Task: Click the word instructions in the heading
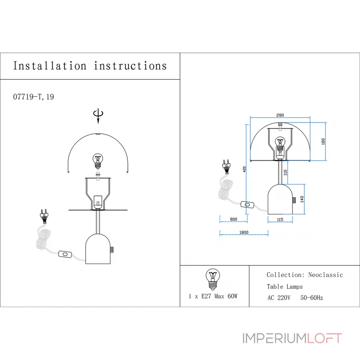tap(130, 66)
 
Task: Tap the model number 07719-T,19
tap(34, 97)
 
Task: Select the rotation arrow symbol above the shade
tap(97, 115)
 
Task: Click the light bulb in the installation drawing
tap(98, 159)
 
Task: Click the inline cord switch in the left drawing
tap(65, 255)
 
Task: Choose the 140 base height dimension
tap(302, 199)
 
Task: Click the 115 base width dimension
tap(279, 219)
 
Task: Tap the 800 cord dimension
tap(233, 219)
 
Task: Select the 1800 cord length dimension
tap(243, 232)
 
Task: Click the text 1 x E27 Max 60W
tap(213, 296)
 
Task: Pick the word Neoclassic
tap(325, 275)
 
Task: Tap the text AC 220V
tap(279, 297)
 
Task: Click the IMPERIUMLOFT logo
tap(292, 338)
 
